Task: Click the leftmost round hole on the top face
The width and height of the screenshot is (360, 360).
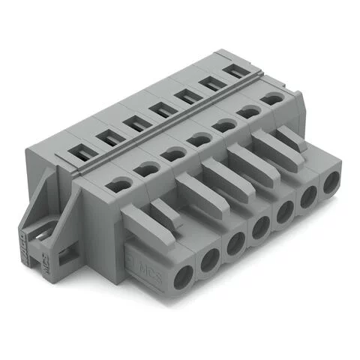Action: coord(118,184)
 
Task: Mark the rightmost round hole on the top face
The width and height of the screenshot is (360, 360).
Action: coord(268,97)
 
